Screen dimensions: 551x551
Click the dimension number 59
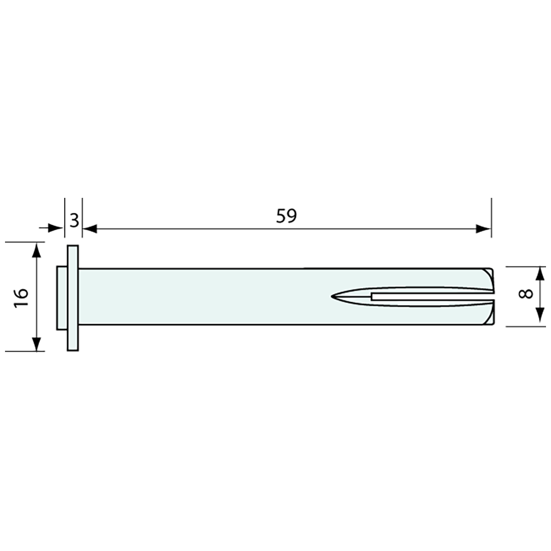coord(286,216)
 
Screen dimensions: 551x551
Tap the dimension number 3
coord(74,221)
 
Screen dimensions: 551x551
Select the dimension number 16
coord(21,298)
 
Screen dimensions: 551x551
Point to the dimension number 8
coord(526,294)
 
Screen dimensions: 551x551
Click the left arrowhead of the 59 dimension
coord(90,229)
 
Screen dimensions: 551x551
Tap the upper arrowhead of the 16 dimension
coord(37,250)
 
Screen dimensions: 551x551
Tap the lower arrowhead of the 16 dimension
coord(37,344)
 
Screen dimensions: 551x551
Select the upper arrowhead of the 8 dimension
coord(540,274)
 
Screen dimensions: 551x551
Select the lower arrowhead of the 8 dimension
coord(540,315)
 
